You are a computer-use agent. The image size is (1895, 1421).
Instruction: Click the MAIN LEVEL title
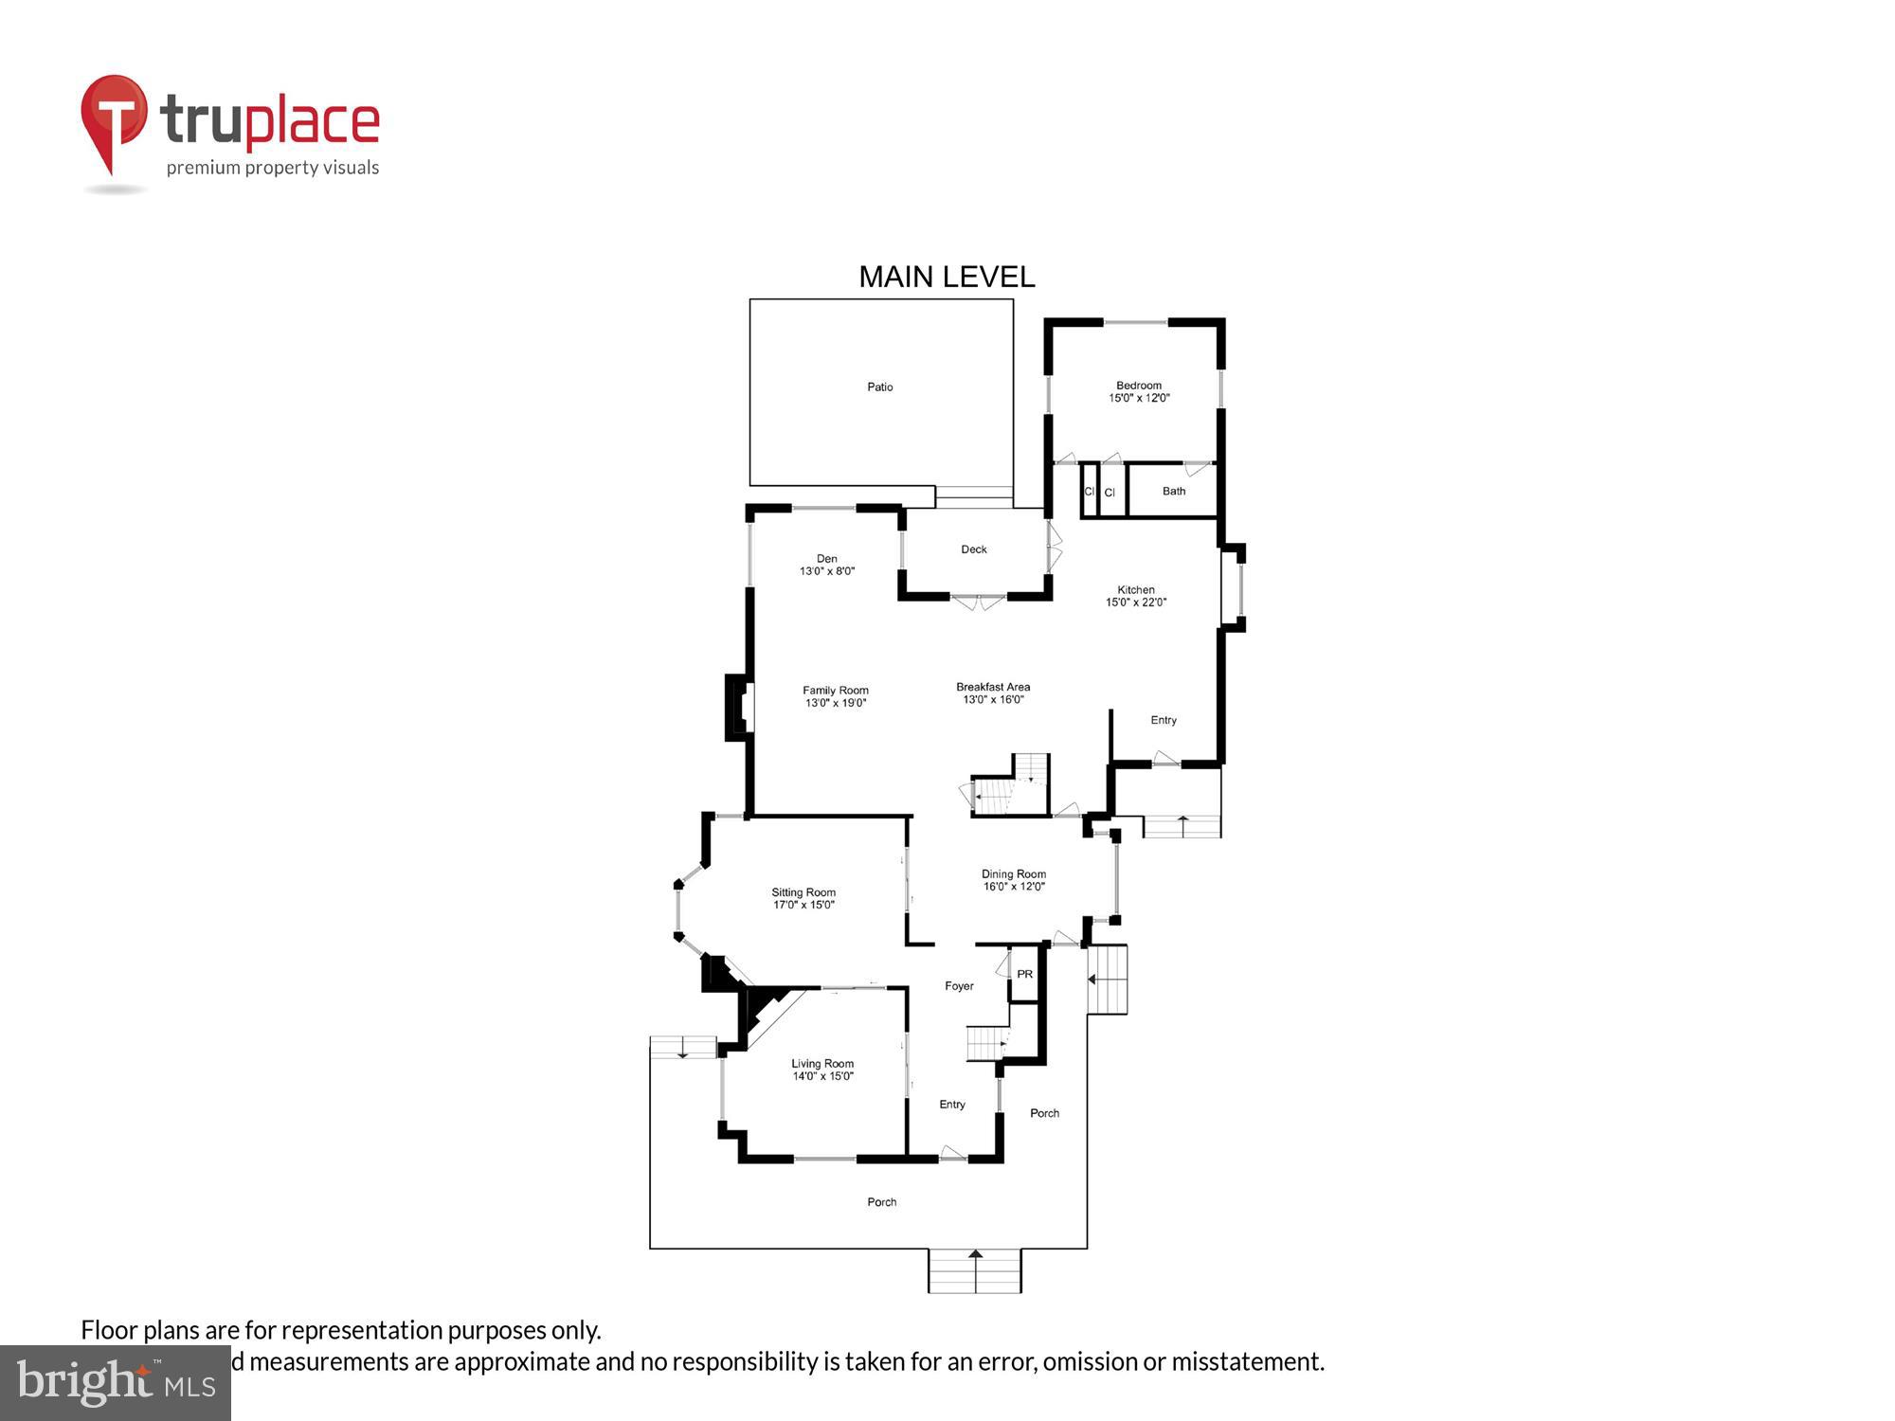click(x=947, y=277)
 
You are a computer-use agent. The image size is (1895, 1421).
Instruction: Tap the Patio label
click(x=879, y=387)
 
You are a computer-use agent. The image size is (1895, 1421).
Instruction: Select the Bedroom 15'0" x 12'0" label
click(x=1139, y=391)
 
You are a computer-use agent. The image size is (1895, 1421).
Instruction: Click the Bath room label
click(x=1173, y=491)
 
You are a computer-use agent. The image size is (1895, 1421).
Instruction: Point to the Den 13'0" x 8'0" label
click(x=827, y=565)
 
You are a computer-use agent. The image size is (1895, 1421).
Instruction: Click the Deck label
click(x=973, y=549)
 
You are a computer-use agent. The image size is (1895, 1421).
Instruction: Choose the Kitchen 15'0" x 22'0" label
click(x=1135, y=595)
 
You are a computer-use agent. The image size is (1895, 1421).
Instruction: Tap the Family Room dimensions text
click(x=836, y=703)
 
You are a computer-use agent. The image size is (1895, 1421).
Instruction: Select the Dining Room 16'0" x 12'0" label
click(x=1013, y=880)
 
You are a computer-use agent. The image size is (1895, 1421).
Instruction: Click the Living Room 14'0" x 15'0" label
click(x=822, y=1070)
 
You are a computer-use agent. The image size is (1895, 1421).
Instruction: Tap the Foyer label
click(x=959, y=986)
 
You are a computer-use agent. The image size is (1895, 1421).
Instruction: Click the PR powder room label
click(x=1024, y=974)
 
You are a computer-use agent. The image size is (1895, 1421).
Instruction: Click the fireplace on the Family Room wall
click(x=738, y=707)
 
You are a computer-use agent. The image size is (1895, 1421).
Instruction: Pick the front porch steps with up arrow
click(x=974, y=1270)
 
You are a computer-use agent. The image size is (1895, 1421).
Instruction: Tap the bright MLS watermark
click(x=115, y=1383)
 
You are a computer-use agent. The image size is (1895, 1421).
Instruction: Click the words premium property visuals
click(x=273, y=168)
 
